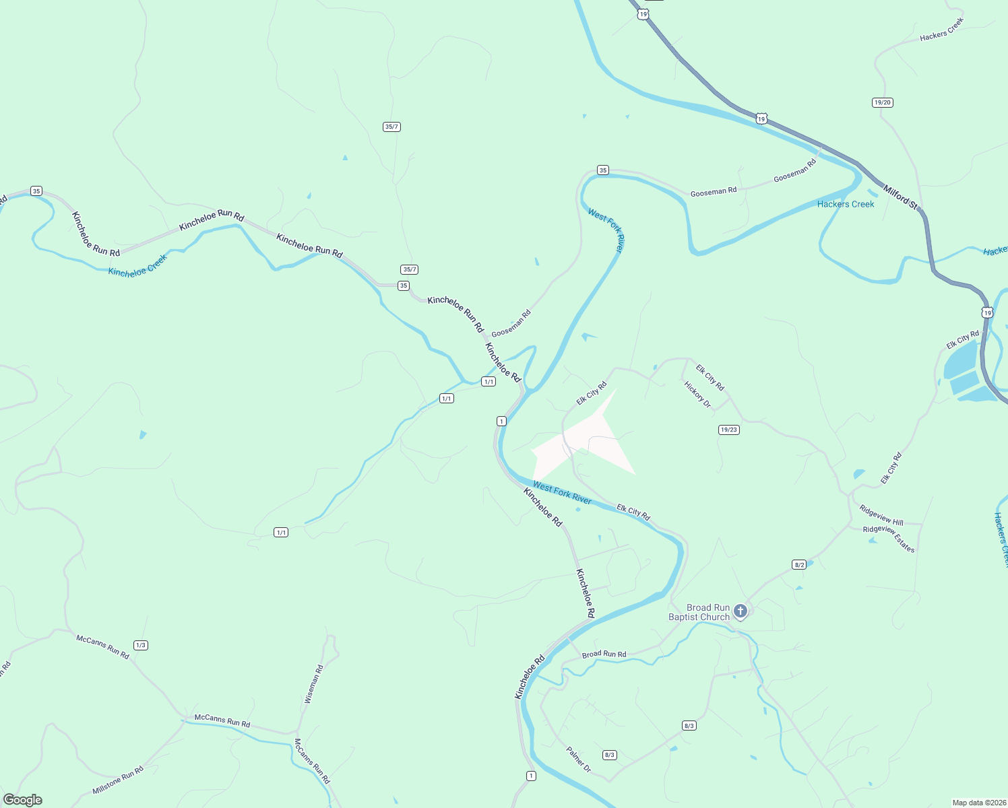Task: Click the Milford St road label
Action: pyautogui.click(x=902, y=199)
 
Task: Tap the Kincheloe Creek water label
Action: pyautogui.click(x=137, y=266)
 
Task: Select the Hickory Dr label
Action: pyautogui.click(x=697, y=395)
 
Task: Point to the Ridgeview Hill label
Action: pyautogui.click(x=881, y=516)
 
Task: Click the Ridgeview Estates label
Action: pyautogui.click(x=889, y=539)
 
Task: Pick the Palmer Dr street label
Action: pyautogui.click(x=578, y=760)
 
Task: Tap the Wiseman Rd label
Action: pyautogui.click(x=314, y=684)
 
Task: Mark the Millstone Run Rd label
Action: pyautogui.click(x=118, y=780)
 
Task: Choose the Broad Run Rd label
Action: pyautogui.click(x=604, y=654)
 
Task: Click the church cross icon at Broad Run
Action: pyautogui.click(x=740, y=611)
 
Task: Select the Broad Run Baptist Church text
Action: pyautogui.click(x=699, y=612)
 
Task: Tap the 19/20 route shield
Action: pyautogui.click(x=882, y=102)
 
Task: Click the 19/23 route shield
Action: pyautogui.click(x=729, y=430)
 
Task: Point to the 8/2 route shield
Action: pyautogui.click(x=799, y=564)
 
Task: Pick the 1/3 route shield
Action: pyautogui.click(x=140, y=645)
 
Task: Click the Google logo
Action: pyautogui.click(x=23, y=800)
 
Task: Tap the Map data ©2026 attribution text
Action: pyautogui.click(x=978, y=803)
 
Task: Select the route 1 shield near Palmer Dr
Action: pyautogui.click(x=531, y=776)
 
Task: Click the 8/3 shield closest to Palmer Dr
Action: pyautogui.click(x=610, y=755)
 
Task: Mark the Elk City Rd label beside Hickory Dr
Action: pyautogui.click(x=710, y=378)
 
